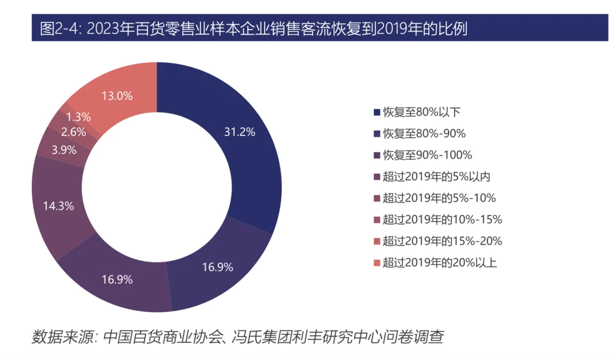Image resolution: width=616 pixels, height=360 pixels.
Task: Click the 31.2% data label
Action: point(239,132)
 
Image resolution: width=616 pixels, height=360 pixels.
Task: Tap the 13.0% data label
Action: point(117,96)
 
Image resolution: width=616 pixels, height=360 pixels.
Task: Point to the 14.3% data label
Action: point(59,206)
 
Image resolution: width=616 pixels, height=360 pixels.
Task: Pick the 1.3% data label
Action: point(78,117)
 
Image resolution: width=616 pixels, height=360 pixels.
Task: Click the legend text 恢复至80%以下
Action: point(419,112)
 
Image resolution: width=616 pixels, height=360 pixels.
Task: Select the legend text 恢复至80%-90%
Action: point(424,134)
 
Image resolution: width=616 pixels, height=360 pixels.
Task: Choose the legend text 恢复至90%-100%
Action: point(427,155)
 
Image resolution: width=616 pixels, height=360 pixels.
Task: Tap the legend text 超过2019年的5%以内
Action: point(437,177)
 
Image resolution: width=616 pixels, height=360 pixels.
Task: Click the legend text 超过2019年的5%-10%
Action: point(439,198)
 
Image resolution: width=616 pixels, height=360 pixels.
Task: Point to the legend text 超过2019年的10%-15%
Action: point(442,219)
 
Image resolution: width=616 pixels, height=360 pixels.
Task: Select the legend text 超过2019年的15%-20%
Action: point(442,241)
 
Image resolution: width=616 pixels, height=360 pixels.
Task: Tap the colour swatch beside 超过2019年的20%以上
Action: point(376,263)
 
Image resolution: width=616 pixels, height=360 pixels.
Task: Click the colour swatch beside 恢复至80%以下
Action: point(376,112)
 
